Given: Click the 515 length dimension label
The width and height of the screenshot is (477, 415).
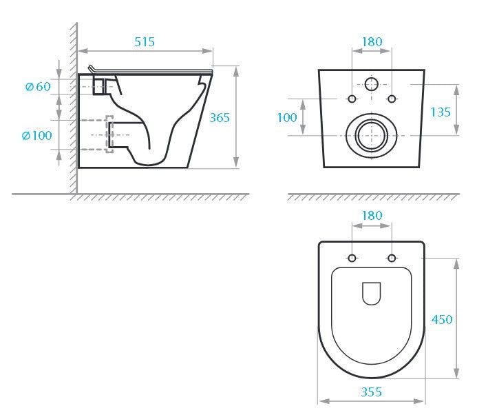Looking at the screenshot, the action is (x=145, y=42).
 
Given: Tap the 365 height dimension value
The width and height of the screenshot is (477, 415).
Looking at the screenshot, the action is (x=220, y=118).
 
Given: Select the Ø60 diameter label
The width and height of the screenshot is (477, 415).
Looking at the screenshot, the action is (x=38, y=87).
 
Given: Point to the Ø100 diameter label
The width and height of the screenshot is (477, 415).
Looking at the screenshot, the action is (x=36, y=135).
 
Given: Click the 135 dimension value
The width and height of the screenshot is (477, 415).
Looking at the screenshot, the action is (x=441, y=112).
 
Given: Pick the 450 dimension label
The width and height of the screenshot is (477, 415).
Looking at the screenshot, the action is (x=442, y=319).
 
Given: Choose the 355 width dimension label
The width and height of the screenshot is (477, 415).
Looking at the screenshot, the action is (x=371, y=392).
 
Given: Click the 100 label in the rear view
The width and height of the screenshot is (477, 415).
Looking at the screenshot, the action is (x=287, y=118).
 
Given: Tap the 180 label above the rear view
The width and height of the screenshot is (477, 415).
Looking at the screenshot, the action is (x=372, y=42).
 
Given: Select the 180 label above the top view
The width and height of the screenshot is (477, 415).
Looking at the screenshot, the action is (x=372, y=216).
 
